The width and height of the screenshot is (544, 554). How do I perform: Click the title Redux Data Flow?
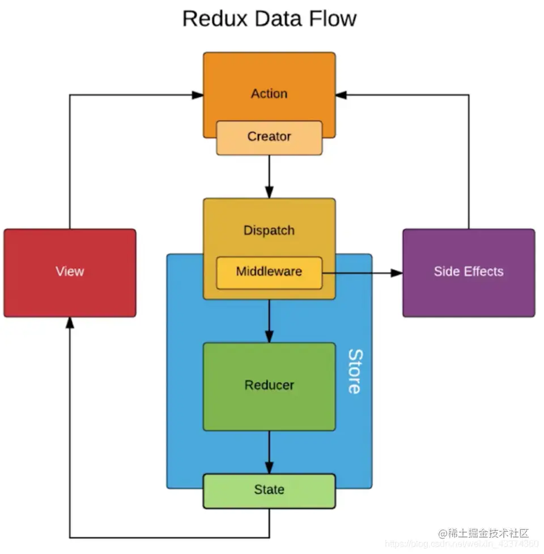tap(269, 19)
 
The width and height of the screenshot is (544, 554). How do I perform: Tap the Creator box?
tap(269, 137)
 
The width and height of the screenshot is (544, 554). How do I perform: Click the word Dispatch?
tap(269, 230)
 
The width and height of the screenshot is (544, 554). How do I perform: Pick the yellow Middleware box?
tap(269, 272)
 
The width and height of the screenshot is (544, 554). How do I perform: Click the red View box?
tap(70, 272)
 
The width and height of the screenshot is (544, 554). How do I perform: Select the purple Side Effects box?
tap(469, 272)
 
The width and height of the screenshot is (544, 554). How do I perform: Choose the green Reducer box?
tap(269, 386)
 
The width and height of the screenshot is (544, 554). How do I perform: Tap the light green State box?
tap(269, 490)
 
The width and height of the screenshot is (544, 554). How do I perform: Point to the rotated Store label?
tap(355, 371)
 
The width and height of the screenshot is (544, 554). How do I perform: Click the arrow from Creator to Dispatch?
tap(269, 176)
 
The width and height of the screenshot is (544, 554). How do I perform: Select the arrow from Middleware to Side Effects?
tap(363, 273)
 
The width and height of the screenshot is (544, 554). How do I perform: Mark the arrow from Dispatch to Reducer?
tap(269, 320)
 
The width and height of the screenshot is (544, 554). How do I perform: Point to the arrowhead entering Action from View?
tap(197, 95)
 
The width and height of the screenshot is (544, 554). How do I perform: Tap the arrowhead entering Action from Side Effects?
tap(342, 95)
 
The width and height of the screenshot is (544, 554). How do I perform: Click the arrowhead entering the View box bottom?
tap(70, 323)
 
